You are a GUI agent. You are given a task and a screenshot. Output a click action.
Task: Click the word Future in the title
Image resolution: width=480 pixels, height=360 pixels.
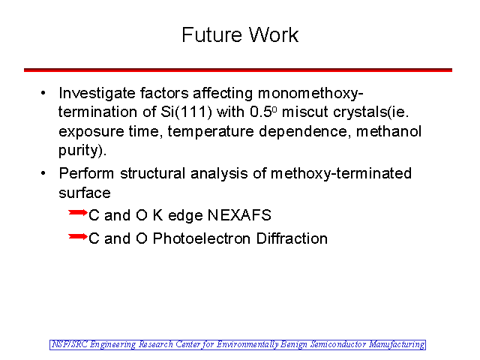point(211,34)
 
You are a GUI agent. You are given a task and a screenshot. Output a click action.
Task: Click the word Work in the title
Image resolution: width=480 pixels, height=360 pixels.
point(274,34)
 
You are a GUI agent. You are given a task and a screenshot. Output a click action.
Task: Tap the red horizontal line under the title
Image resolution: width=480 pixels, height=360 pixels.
point(238,70)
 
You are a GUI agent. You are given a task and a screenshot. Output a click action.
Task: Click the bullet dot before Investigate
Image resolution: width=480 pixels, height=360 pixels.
point(43,92)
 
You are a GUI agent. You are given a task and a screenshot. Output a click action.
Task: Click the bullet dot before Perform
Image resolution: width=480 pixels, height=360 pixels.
point(43,173)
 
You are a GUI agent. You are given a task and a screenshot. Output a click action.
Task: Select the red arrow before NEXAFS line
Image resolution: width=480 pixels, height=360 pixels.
point(78,212)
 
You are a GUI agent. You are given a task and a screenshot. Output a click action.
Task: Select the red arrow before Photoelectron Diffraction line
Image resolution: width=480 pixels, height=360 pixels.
point(78,236)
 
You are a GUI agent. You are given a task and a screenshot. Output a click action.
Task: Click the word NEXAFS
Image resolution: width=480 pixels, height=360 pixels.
point(239,215)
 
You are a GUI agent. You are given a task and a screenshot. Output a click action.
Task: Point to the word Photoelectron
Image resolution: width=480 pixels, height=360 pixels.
point(202,238)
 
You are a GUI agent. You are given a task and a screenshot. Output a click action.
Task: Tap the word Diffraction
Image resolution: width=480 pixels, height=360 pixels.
point(292,238)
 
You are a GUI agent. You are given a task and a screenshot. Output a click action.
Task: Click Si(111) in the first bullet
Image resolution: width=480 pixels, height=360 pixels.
point(187,112)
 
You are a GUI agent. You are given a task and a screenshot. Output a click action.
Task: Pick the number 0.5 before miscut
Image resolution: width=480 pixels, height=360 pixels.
point(261,112)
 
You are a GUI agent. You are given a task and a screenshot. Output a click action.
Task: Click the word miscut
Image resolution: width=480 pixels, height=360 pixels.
point(305,112)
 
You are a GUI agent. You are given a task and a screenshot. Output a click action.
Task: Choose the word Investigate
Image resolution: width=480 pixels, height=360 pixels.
point(97,94)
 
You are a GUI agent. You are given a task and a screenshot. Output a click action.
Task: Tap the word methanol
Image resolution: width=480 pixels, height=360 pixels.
point(388,131)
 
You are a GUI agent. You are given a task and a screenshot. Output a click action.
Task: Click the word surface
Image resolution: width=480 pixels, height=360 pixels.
point(85,193)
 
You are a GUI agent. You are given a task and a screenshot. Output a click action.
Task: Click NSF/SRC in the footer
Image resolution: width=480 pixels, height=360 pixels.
point(69,344)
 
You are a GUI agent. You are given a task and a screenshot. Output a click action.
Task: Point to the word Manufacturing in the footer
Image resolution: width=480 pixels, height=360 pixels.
point(397,345)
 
